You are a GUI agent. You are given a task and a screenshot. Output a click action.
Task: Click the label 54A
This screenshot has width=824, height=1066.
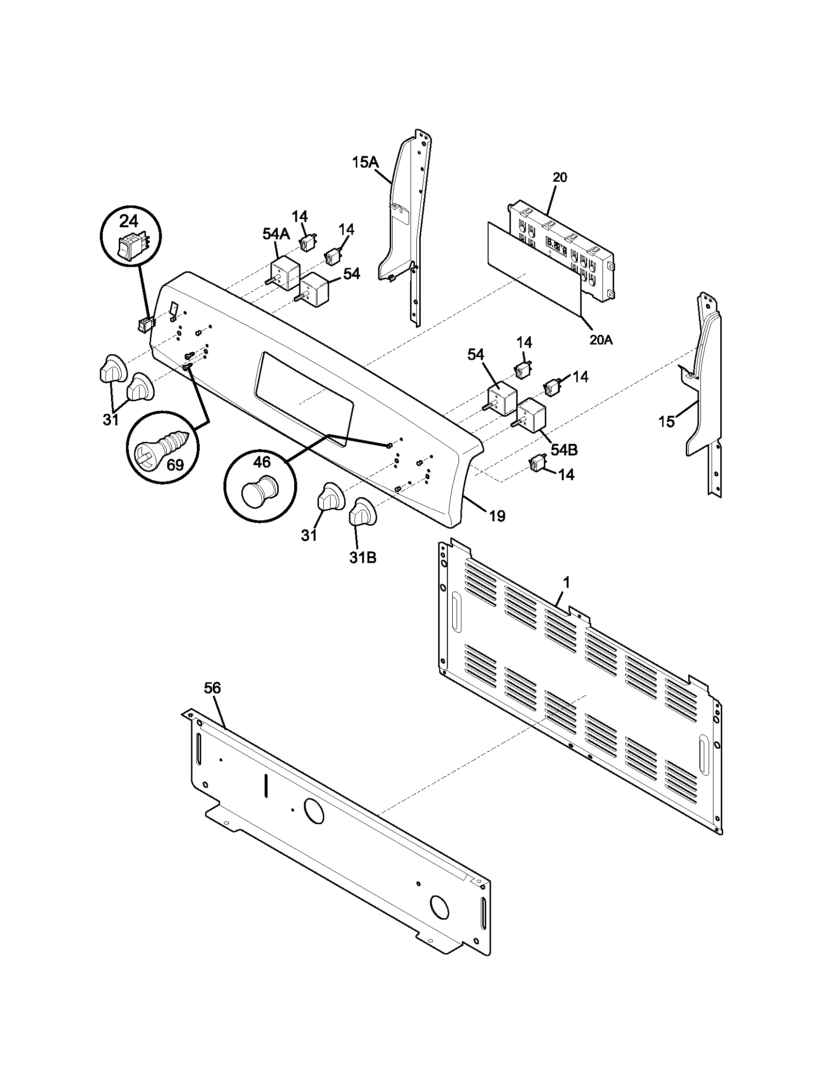[276, 235]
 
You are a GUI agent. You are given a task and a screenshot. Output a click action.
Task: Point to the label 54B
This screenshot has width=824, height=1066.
[564, 450]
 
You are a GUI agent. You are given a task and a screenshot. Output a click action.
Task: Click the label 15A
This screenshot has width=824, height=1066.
[365, 162]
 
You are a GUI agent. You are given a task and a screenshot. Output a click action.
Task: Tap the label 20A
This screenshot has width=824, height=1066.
[601, 340]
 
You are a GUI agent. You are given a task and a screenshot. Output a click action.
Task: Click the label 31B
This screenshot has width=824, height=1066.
[363, 557]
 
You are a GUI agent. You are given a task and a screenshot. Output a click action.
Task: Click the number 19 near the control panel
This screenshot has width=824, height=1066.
[497, 516]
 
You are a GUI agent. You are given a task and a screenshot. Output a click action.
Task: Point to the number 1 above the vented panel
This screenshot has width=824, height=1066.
[566, 582]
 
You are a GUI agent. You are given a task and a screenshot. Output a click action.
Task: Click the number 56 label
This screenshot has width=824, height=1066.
[212, 688]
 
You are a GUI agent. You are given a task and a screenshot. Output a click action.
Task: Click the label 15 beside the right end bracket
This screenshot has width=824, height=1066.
[667, 421]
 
